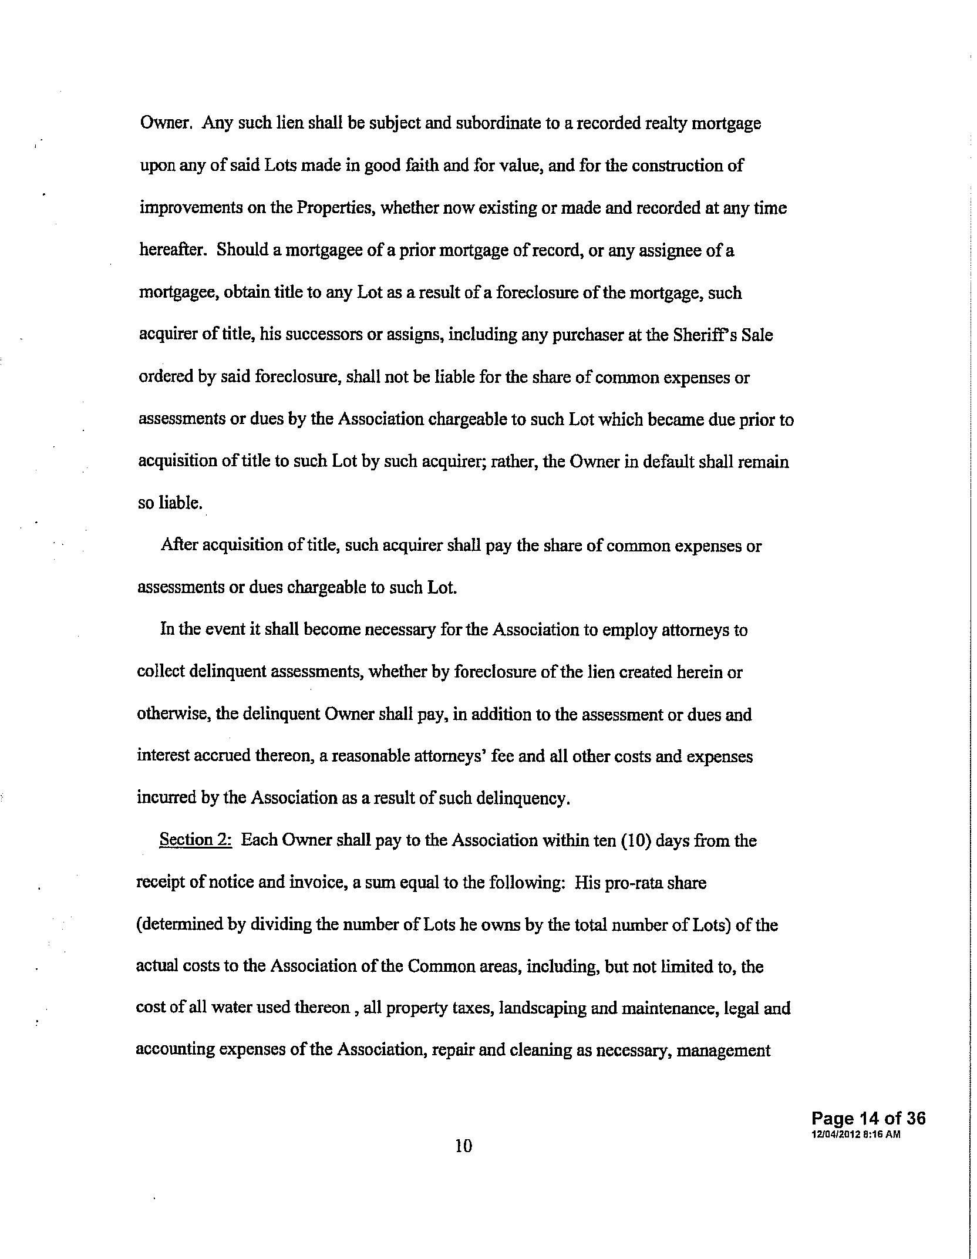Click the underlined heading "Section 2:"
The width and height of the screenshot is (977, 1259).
pyautogui.click(x=196, y=841)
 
